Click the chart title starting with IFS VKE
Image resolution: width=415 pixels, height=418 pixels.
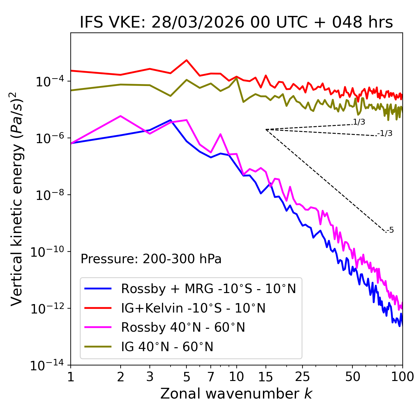pos(236,23)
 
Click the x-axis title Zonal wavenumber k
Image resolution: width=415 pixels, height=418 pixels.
pos(236,394)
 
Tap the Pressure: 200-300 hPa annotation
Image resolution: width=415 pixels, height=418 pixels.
pos(151,259)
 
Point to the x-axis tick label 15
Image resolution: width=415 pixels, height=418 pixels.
pos(266,377)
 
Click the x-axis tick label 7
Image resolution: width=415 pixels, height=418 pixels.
pos(211,377)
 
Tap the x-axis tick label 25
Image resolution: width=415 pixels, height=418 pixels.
pos(302,377)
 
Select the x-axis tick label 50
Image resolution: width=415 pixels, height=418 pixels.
pos(352,377)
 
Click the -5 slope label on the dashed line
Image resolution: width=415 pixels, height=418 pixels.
pos(390,230)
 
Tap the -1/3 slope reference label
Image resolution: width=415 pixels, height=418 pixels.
pos(385,133)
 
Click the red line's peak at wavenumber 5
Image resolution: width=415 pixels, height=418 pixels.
pos(186,60)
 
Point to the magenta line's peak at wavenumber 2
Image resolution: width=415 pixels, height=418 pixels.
pos(121,116)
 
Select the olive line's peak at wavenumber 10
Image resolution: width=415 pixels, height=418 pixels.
pos(236,78)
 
